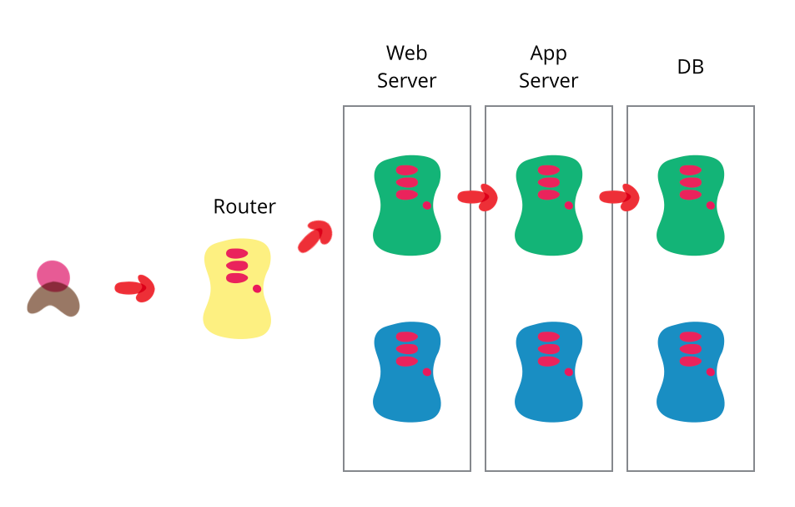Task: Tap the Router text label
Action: click(244, 206)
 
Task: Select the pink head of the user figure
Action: click(53, 274)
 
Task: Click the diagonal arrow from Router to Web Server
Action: click(315, 236)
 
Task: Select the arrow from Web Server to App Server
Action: click(478, 197)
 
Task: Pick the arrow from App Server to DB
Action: click(620, 197)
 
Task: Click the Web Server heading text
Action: click(406, 67)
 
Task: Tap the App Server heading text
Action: click(548, 67)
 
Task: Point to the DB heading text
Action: click(690, 67)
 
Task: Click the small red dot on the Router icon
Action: click(257, 289)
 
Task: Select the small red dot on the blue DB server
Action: click(711, 372)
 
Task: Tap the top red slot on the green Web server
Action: click(406, 170)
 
